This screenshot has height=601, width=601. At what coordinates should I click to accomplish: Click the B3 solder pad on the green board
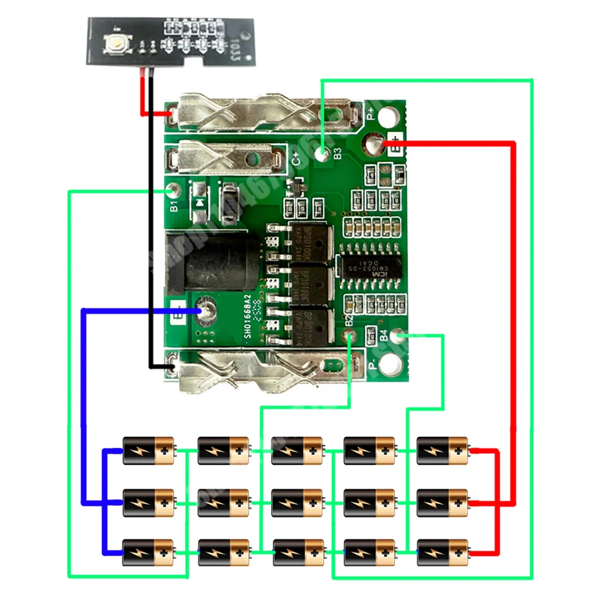click(325, 154)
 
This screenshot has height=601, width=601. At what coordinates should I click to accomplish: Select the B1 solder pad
click(172, 191)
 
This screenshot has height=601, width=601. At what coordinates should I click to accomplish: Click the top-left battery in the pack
click(149, 451)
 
